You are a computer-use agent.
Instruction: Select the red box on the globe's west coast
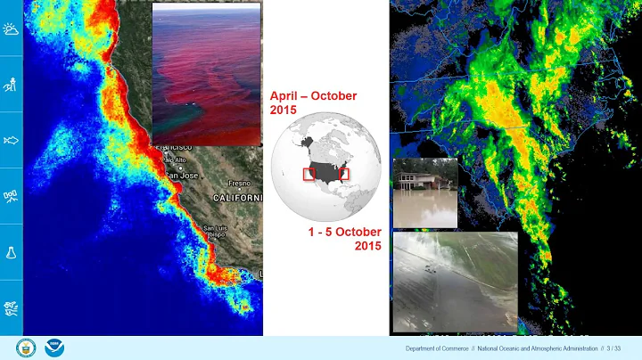[309, 174]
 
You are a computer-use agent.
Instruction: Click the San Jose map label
[181, 176]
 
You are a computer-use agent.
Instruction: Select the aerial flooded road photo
[455, 281]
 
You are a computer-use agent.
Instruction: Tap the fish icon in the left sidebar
[12, 140]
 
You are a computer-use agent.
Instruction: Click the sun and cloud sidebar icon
[12, 30]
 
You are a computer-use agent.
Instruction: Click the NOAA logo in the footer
[55, 348]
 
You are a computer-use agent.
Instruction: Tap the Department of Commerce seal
[26, 348]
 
